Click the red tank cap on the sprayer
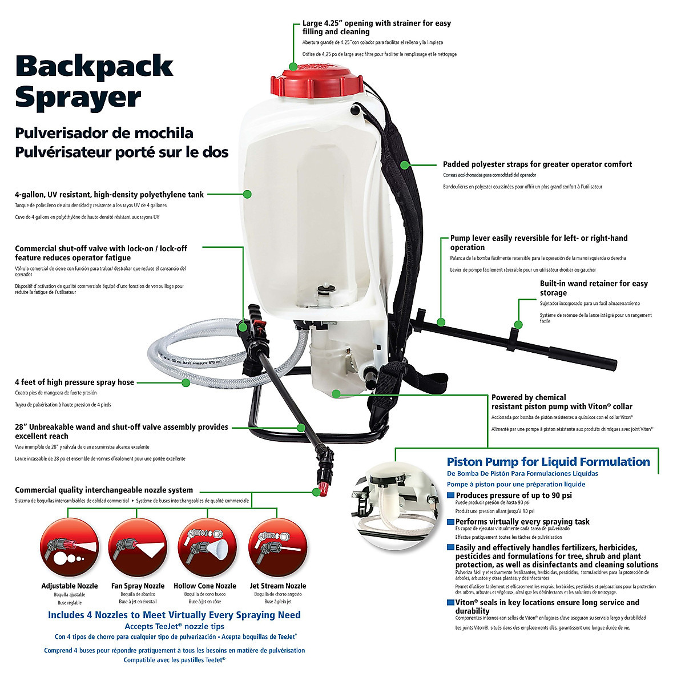(x=316, y=80)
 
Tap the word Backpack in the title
(x=94, y=66)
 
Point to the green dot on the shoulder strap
(x=404, y=165)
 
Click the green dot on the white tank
(x=247, y=194)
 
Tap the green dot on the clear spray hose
(x=186, y=382)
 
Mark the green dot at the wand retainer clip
(x=518, y=325)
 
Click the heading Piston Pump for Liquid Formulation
(x=548, y=462)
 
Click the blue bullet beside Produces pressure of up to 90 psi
(x=451, y=495)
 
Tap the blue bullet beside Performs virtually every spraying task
(x=451, y=522)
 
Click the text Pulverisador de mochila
(x=104, y=134)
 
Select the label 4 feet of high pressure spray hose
(x=74, y=382)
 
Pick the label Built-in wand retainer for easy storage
(x=594, y=288)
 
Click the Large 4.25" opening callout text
(x=377, y=27)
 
